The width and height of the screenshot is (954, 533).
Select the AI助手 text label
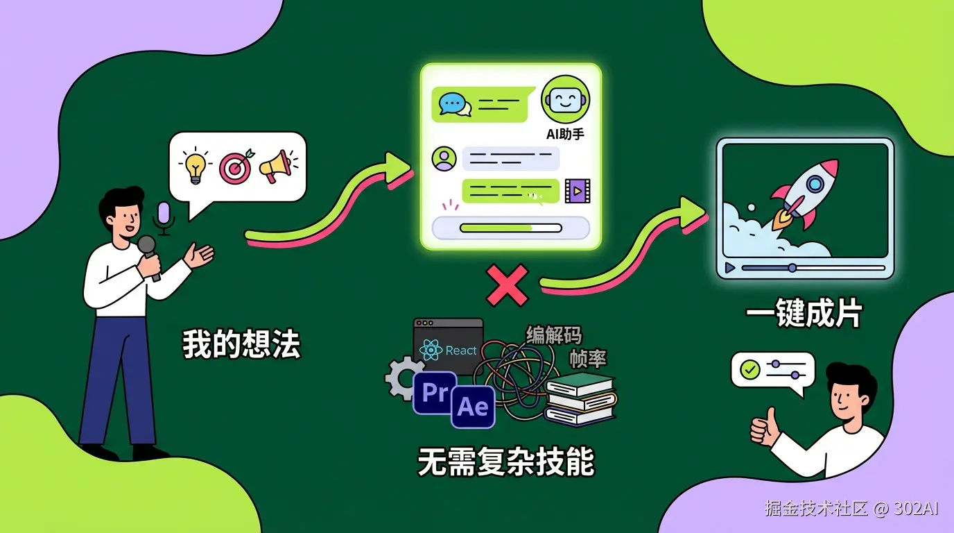coord(565,133)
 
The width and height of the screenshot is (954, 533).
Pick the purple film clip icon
coord(577,190)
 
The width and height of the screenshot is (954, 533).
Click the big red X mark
coord(508,285)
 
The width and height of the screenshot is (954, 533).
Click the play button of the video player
coord(729,267)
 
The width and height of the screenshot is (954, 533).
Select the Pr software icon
coord(435,393)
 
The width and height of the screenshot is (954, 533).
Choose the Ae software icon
coord(473,407)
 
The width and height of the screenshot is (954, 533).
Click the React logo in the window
coord(431,350)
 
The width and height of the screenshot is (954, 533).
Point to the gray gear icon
coord(401,378)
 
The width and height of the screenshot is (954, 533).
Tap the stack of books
coord(580,398)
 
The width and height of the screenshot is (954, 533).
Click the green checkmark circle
coord(749,370)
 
